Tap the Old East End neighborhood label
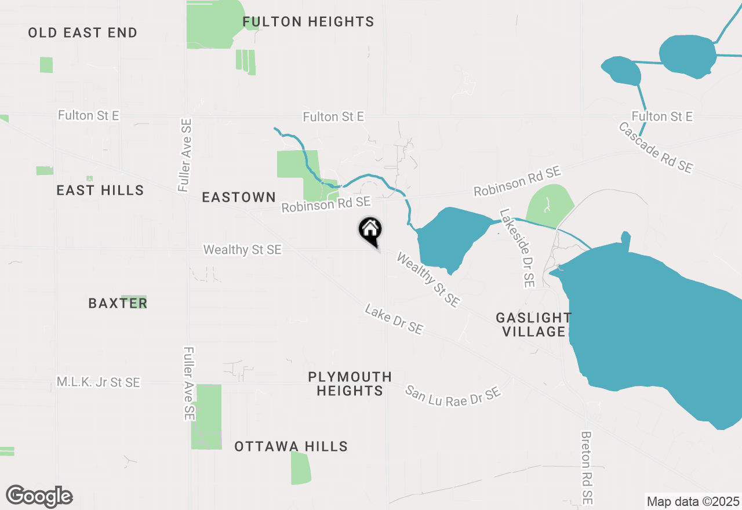83,32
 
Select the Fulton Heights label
308,22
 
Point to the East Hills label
100,190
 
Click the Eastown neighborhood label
238,198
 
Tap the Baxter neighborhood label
118,303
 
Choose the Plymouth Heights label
350,384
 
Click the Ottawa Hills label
291,446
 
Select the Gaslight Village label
533,325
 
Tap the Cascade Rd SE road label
656,147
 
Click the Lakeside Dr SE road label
517,249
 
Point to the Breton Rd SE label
587,467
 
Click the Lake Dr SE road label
394,319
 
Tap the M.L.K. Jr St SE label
99,382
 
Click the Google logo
39,496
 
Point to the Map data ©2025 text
693,501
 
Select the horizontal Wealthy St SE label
242,250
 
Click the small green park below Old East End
46,65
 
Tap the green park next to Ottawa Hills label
300,468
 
